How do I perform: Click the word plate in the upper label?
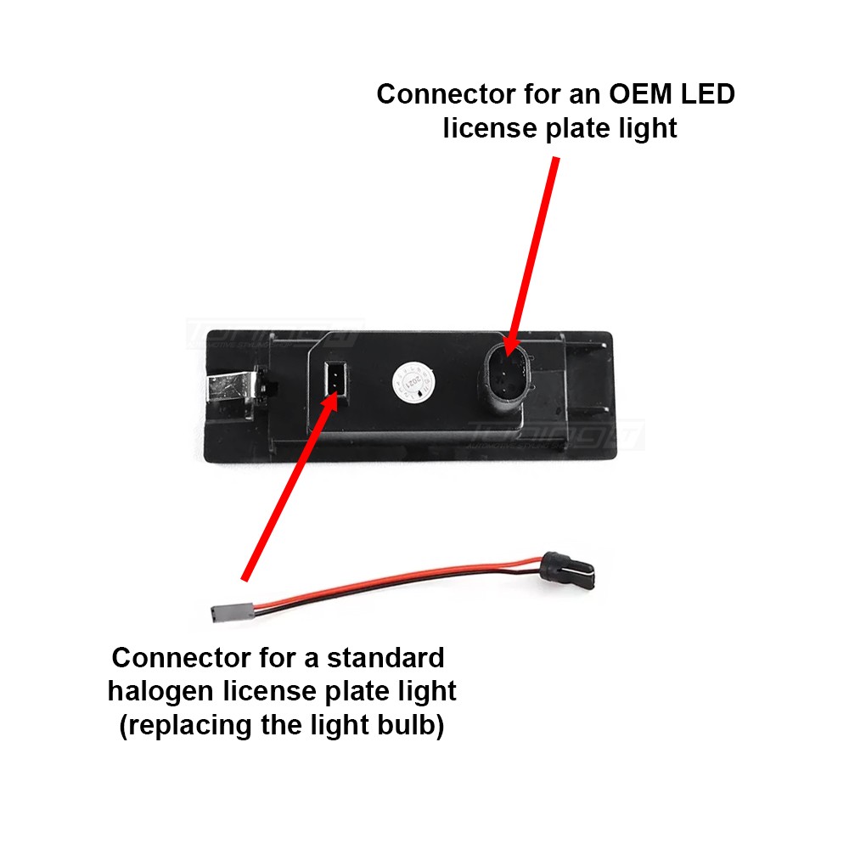coord(577,128)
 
